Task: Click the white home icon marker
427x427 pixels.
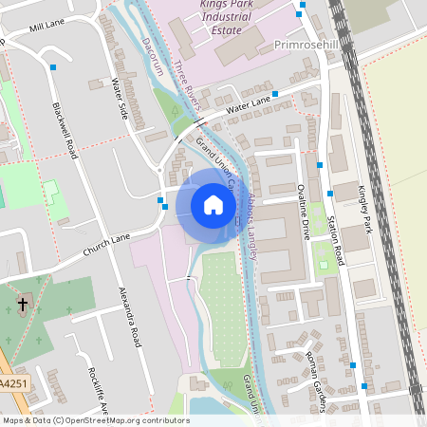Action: [213, 204]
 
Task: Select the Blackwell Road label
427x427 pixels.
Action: [68, 128]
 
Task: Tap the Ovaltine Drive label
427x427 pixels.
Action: [304, 213]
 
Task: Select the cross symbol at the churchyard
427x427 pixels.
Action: [24, 306]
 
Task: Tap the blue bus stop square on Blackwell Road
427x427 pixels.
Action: [55, 67]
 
